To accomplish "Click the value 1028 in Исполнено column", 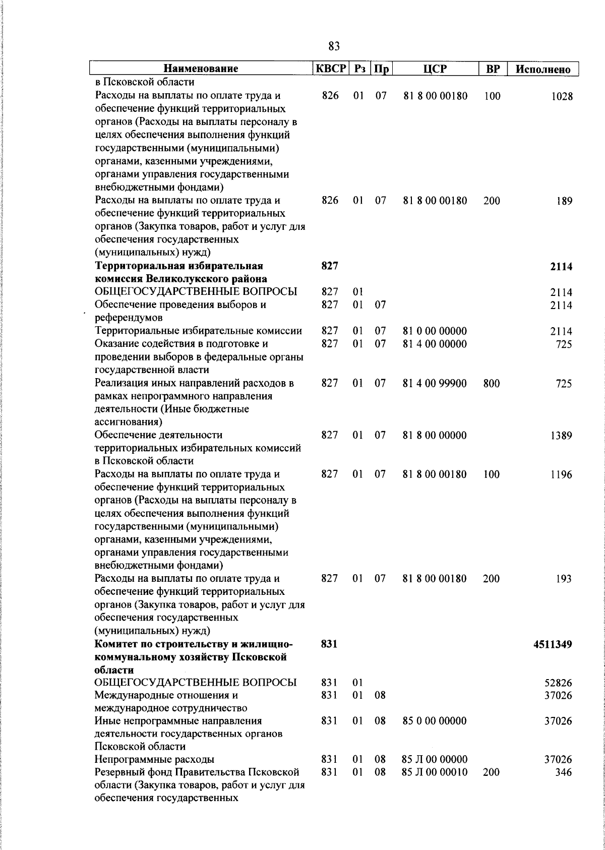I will click(x=562, y=97).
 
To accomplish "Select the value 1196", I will click(x=561, y=474).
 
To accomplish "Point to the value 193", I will click(x=564, y=579).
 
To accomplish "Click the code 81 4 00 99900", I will click(x=435, y=384).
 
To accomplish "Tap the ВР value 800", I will click(x=492, y=384).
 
